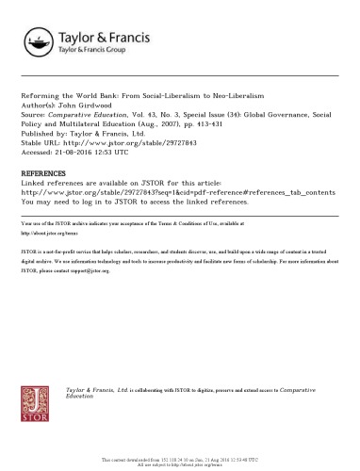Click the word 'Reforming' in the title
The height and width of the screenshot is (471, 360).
coord(39,97)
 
